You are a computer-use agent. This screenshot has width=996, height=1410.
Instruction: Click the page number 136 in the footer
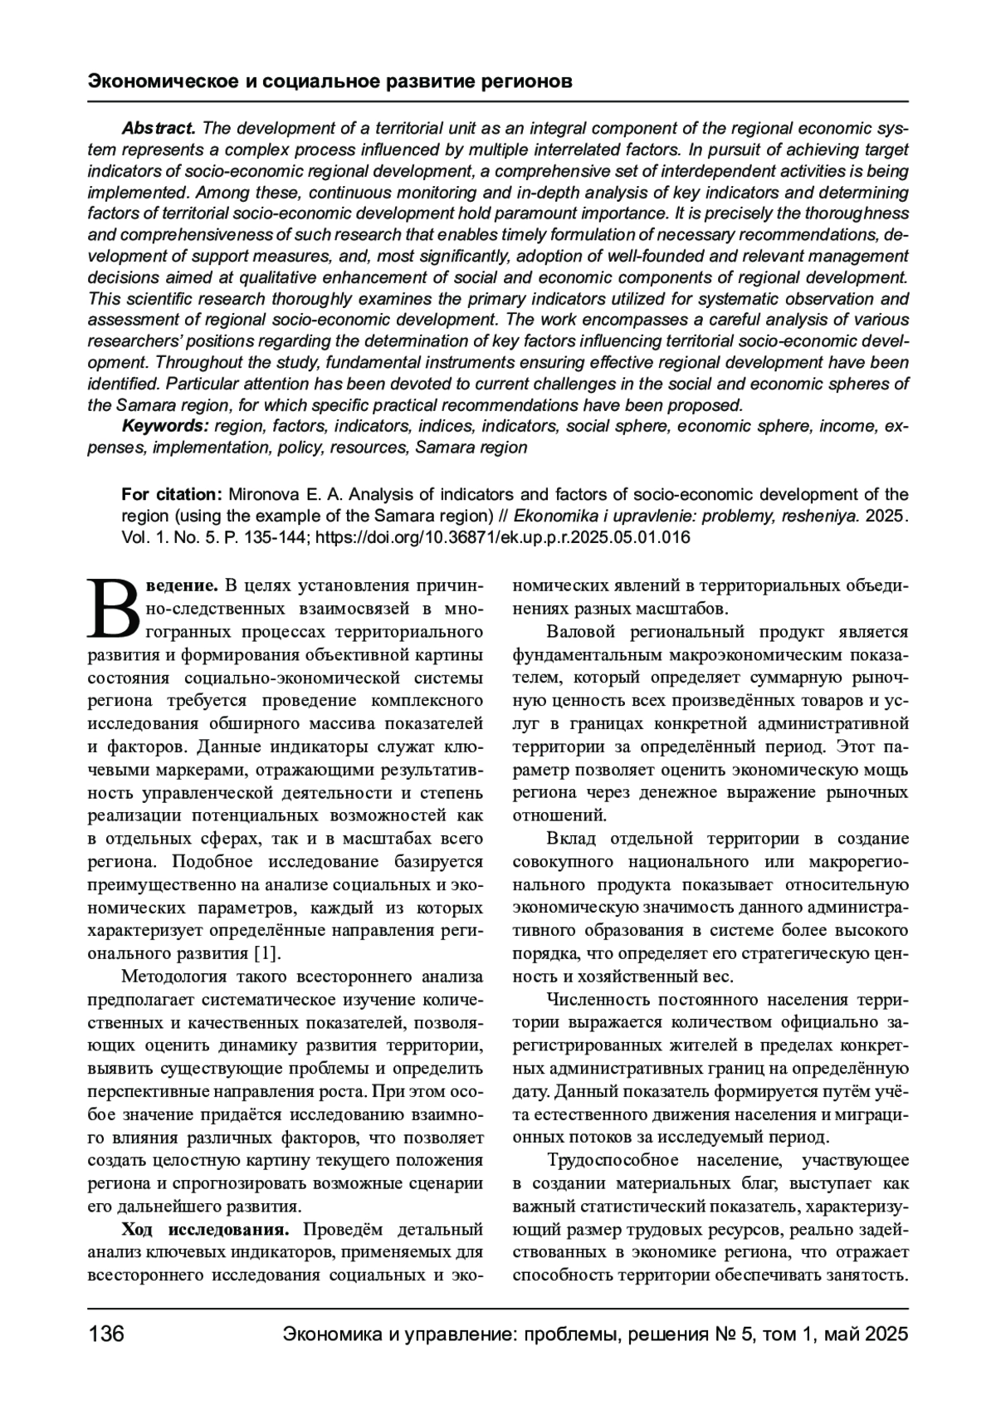tap(105, 1334)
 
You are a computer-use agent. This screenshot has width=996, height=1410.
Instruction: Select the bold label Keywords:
tap(165, 426)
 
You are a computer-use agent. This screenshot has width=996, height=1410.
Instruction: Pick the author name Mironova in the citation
tap(259, 495)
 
